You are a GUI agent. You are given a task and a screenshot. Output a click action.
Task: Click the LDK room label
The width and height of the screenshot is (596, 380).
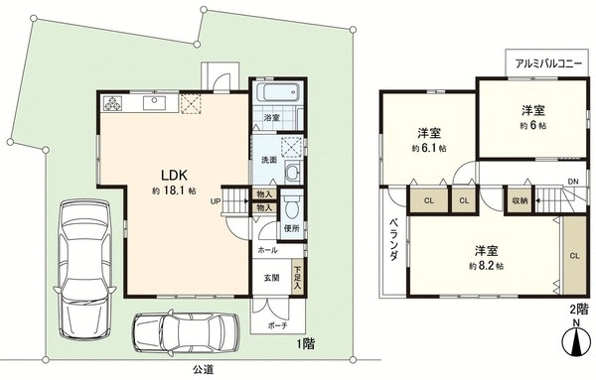[x=175, y=176]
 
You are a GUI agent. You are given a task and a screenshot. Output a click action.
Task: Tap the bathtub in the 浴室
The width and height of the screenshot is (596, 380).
[x=278, y=92]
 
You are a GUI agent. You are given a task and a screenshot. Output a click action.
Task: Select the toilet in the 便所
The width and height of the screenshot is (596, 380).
[x=292, y=205]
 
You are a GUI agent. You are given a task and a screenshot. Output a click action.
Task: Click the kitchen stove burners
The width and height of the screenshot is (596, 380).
[x=112, y=103]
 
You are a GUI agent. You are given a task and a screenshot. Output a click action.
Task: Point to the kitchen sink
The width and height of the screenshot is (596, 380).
[x=154, y=103]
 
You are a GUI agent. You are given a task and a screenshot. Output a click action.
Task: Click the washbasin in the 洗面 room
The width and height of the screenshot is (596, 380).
[x=293, y=173]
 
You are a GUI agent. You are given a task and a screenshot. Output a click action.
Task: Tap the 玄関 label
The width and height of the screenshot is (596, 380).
[x=272, y=278]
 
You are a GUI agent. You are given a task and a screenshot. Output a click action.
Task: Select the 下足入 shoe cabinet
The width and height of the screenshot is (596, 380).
[x=297, y=276]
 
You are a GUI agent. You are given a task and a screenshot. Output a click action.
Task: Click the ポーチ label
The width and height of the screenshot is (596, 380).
[x=277, y=325]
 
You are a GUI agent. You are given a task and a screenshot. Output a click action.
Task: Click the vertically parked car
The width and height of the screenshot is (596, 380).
[x=84, y=269]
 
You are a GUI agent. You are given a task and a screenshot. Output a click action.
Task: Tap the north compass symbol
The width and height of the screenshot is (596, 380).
[x=576, y=341]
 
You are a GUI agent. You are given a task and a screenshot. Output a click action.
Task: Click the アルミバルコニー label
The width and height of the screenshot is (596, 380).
[x=548, y=63]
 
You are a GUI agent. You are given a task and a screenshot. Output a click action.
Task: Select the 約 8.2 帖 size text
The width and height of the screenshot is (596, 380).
[x=487, y=266]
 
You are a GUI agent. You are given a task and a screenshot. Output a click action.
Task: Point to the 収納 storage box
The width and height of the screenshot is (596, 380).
[x=520, y=200]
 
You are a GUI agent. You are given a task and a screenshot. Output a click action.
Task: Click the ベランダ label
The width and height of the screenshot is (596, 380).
[x=394, y=239]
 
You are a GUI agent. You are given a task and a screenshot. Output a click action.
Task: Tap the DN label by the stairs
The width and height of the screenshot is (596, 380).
[x=573, y=182]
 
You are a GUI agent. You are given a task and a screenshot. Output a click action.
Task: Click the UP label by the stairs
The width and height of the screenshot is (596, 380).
[x=216, y=201]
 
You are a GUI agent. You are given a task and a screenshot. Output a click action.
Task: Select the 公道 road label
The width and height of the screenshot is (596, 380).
[x=203, y=369]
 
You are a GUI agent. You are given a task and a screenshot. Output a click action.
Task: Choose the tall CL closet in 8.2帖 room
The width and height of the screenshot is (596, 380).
[x=574, y=256]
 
